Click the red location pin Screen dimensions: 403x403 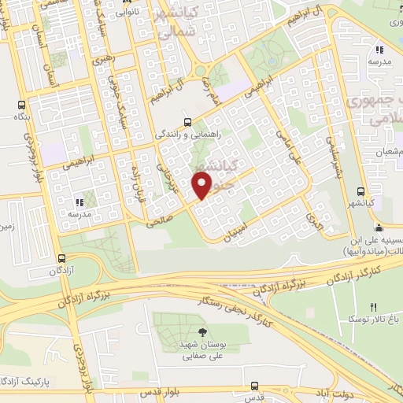[x=203, y=187]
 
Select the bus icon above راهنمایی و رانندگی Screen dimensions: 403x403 [x=187, y=121]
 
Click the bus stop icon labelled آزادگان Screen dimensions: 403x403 [x=62, y=257]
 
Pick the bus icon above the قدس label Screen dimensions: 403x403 [x=254, y=386]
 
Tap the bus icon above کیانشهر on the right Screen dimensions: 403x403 [x=360, y=191]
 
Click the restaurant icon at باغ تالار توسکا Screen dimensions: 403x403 [x=374, y=306]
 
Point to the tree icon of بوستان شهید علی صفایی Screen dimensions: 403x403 [x=204, y=332]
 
